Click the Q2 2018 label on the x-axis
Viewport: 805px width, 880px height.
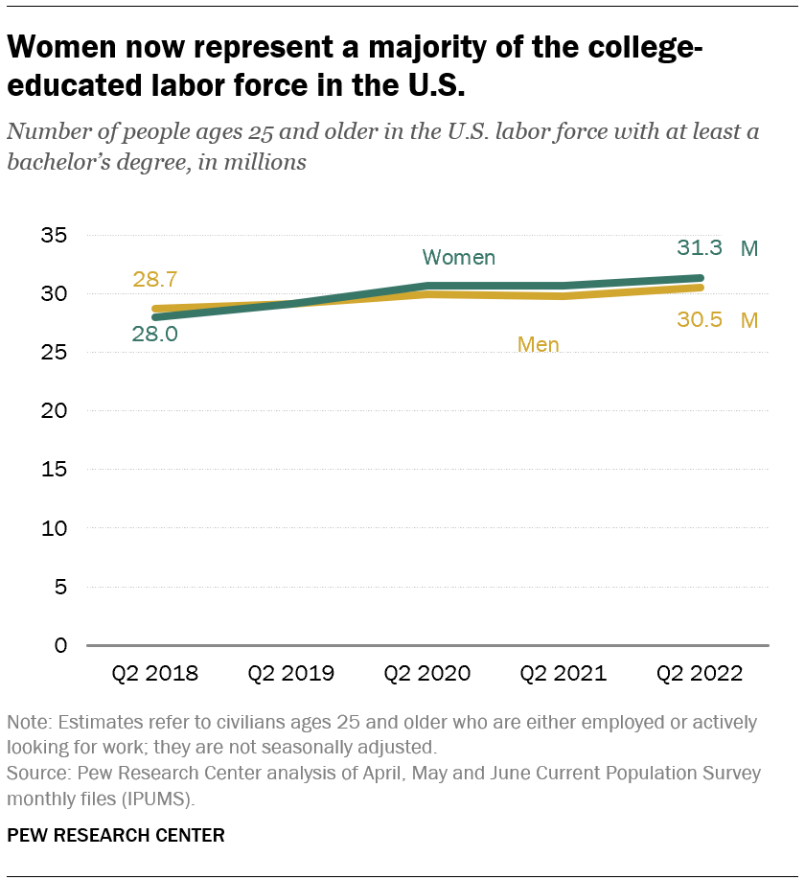point(155,673)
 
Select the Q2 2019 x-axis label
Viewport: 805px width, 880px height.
point(291,673)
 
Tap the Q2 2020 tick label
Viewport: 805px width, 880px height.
point(427,673)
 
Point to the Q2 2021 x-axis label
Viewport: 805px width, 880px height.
point(563,673)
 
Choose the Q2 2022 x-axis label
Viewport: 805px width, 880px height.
point(700,673)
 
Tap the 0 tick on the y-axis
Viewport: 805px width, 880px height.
point(60,645)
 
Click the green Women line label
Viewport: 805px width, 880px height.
point(459,257)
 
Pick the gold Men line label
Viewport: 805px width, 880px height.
point(538,344)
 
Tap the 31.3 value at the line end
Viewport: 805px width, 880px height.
point(700,248)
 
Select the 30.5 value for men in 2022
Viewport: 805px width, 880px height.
point(701,320)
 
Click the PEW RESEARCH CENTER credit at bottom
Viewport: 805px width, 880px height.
point(116,835)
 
